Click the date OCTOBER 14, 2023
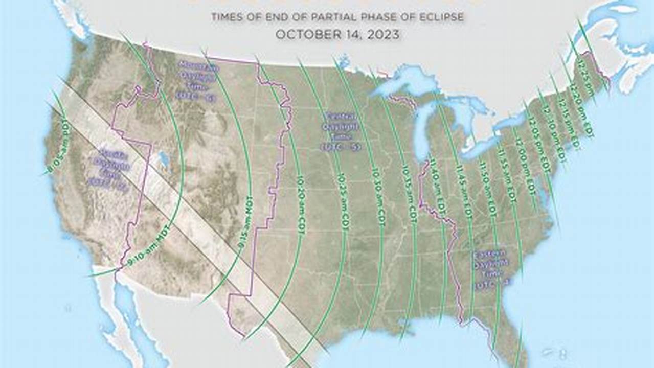pos(337,35)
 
